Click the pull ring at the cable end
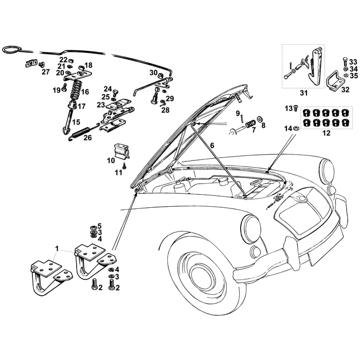click(x=10, y=49)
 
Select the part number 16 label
click(x=85, y=92)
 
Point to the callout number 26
click(x=87, y=138)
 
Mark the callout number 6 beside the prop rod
click(x=211, y=146)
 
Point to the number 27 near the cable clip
click(x=46, y=72)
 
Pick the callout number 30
click(x=153, y=73)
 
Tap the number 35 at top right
click(x=353, y=76)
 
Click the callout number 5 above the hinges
click(x=99, y=226)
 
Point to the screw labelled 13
click(x=295, y=107)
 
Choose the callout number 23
click(x=101, y=105)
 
